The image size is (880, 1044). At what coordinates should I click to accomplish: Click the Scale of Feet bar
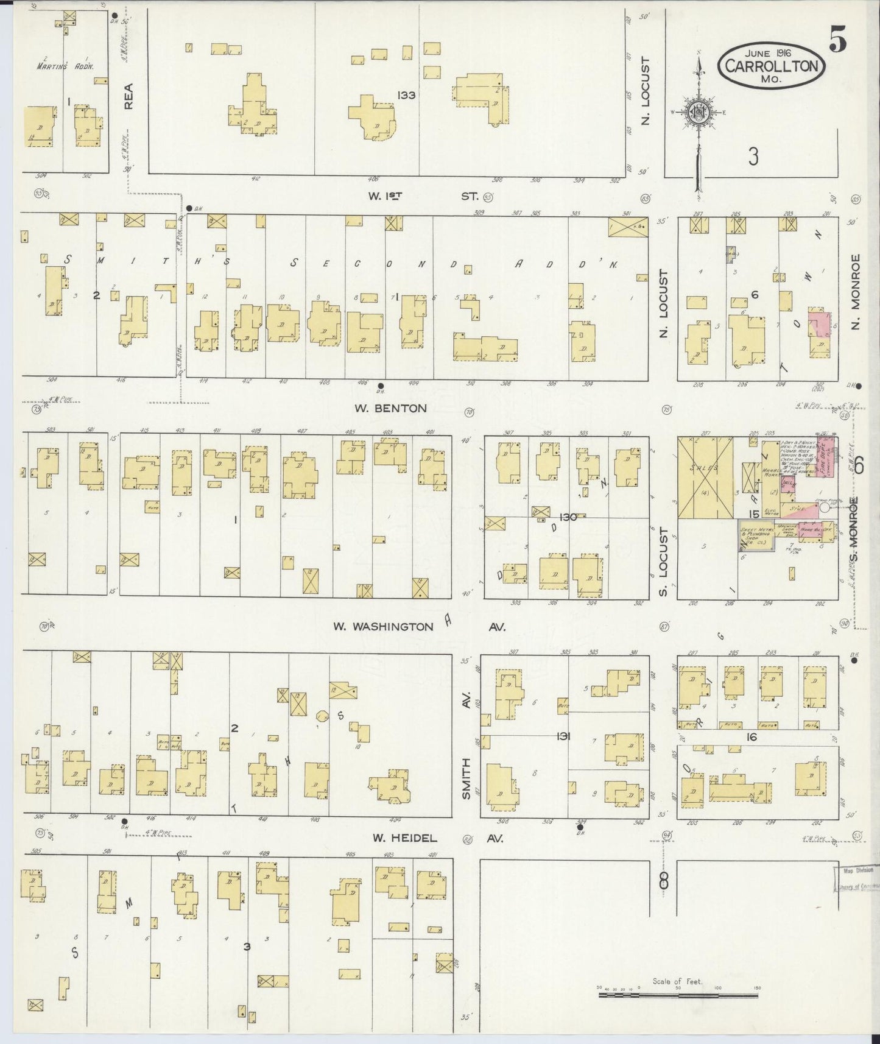click(x=678, y=995)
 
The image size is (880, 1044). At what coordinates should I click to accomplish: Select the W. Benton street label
click(x=390, y=408)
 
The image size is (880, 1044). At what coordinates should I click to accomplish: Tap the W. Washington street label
click(x=383, y=626)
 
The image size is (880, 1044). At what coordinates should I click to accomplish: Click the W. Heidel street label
click(x=404, y=838)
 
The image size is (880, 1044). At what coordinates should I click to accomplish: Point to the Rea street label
click(x=128, y=96)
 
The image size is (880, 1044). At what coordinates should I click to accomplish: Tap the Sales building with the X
click(x=705, y=479)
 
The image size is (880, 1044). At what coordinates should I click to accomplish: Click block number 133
click(x=406, y=95)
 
